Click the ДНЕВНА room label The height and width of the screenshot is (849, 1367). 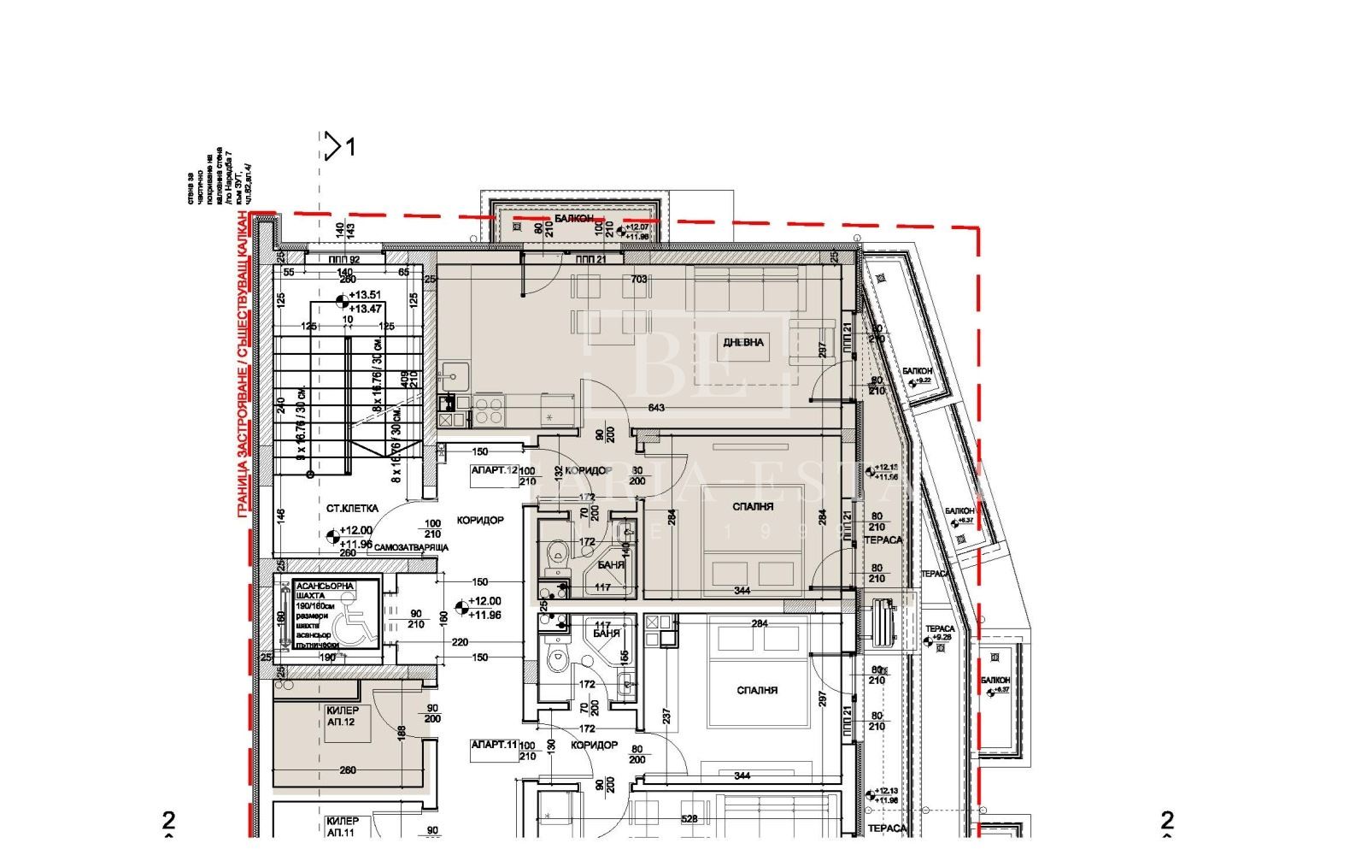point(743,342)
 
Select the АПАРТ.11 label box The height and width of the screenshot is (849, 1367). point(495,745)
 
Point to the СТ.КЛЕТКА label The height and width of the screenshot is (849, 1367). point(352,508)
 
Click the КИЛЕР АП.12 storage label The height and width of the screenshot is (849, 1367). point(342,716)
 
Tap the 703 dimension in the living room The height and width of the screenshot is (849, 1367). point(638,279)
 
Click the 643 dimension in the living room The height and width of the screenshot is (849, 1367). point(656,408)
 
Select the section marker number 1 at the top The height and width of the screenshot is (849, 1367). point(349,148)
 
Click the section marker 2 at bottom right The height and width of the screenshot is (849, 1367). point(1166,821)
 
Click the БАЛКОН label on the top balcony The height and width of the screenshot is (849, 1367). point(573,219)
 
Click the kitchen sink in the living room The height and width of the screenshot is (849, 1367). point(453,373)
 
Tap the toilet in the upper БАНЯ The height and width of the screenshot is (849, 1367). point(556,555)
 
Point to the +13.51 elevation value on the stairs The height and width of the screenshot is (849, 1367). point(364,293)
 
